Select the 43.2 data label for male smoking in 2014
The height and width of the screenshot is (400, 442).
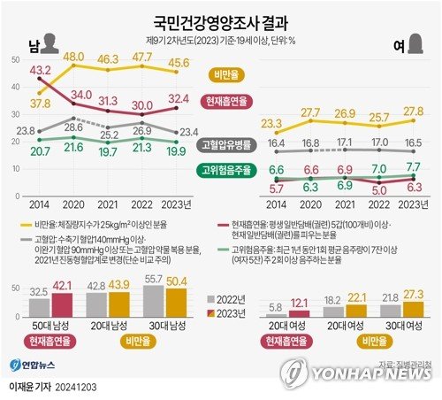39,68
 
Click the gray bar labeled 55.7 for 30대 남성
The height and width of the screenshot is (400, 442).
153,303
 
